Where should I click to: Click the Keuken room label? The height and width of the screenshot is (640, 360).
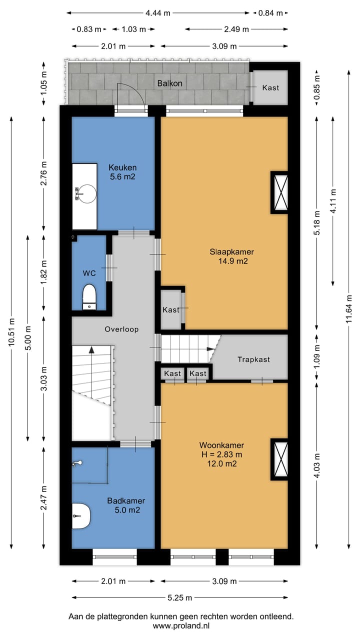click(x=122, y=167)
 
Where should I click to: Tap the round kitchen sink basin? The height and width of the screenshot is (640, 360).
click(x=87, y=194)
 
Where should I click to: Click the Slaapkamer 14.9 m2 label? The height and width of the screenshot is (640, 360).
click(x=232, y=256)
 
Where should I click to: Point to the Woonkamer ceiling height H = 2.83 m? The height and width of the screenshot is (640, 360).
click(x=221, y=454)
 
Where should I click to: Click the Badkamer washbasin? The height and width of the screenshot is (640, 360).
click(x=81, y=516)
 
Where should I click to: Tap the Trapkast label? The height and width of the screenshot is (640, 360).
click(x=253, y=359)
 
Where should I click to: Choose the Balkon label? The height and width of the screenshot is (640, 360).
click(x=169, y=83)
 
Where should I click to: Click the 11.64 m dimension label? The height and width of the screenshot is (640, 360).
click(x=349, y=309)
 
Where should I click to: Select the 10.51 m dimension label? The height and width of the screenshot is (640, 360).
click(x=11, y=331)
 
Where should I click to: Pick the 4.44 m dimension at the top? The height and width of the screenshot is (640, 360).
click(x=158, y=13)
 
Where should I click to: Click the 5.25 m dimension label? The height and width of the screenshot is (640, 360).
click(x=179, y=597)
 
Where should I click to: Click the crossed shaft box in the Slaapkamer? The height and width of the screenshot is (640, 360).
click(x=279, y=192)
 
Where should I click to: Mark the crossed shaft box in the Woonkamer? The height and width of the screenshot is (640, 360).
click(x=279, y=459)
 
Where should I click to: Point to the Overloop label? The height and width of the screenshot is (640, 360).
click(x=121, y=329)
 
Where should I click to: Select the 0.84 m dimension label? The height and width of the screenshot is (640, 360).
click(x=270, y=13)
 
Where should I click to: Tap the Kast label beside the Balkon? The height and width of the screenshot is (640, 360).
click(x=270, y=87)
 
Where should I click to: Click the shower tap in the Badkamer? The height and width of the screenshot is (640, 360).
click(x=77, y=463)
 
